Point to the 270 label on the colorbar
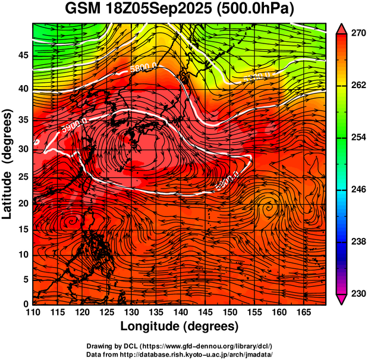(357, 34)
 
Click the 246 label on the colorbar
(357, 190)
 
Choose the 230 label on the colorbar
(357, 293)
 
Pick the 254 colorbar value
(357, 137)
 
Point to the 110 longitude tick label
(33, 312)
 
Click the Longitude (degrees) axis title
(180, 326)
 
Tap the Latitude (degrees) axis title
(8, 164)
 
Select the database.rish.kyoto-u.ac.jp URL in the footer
(209, 354)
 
